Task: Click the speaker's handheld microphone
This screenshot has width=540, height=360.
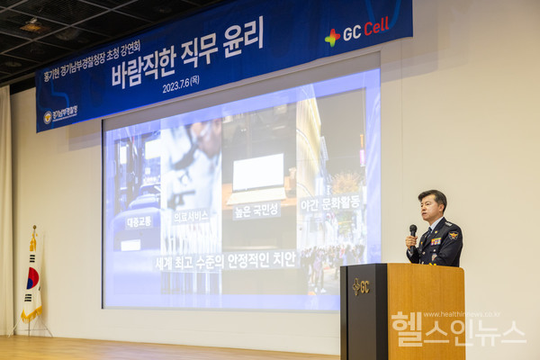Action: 413,231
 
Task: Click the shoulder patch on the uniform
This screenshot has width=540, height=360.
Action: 453,235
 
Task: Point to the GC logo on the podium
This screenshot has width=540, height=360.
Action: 360,287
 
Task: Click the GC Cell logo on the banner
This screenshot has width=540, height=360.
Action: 357,33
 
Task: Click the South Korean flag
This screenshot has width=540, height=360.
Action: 32,279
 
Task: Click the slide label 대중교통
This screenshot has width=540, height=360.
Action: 139,220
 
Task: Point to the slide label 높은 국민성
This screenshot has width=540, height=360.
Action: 256,211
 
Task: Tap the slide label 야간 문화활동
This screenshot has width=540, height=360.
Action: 329,203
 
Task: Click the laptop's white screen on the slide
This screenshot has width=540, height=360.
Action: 258,171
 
